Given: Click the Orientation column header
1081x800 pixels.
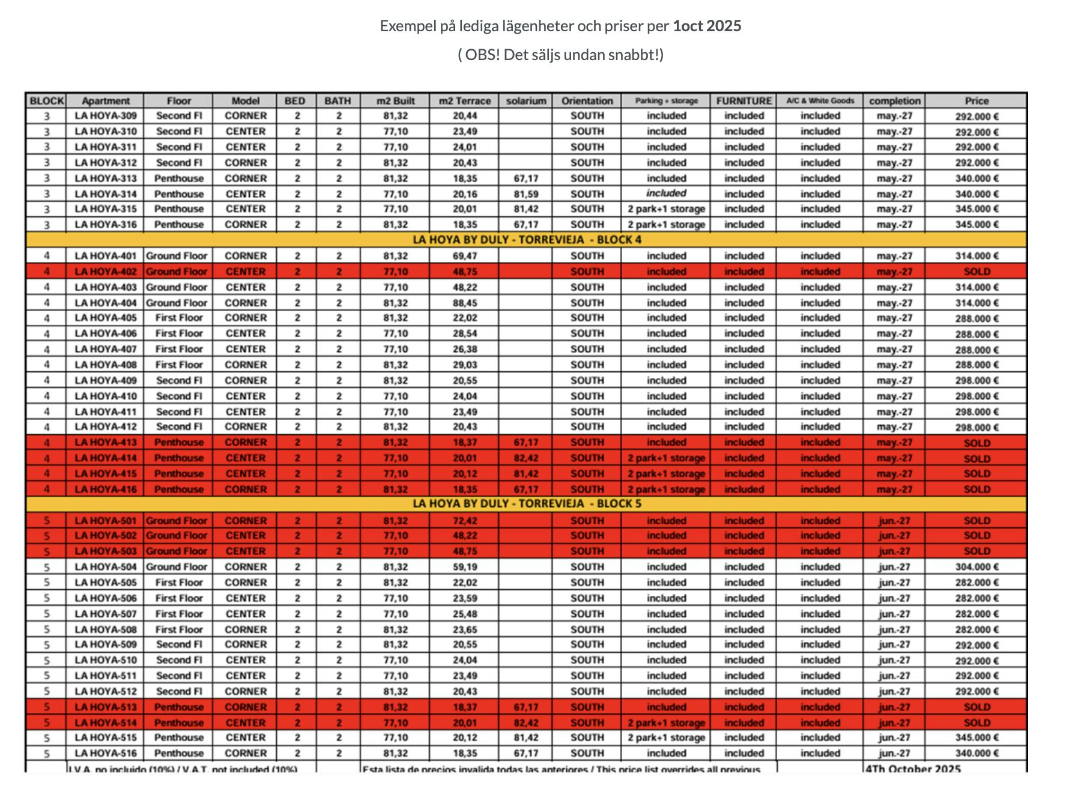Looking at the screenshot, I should pos(587,101).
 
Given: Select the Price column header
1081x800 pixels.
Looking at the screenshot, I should pos(977,101).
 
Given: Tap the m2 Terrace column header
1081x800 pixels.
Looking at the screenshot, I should pos(464,101).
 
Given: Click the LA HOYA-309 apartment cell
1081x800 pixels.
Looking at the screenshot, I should pos(106,116).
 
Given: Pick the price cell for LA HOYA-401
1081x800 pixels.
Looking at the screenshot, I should pos(977,256).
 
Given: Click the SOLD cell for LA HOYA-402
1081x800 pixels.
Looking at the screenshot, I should pos(977,271).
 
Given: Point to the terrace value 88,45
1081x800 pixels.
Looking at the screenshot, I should pos(464,303).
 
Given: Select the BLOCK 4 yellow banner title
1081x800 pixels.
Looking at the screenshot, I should pos(526,240).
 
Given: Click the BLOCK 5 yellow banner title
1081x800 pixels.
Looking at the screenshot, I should pos(526,504).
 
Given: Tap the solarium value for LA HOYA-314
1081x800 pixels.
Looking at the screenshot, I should pos(525,194).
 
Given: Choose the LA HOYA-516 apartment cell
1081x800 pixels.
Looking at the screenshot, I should pos(106,753).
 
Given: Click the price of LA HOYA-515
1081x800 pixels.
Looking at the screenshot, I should pos(977,738).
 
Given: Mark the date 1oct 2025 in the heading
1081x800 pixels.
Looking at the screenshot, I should pos(707,26).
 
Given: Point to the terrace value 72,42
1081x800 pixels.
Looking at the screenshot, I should pos(464,521).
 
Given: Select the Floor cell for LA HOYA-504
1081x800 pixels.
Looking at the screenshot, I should pos(178,567).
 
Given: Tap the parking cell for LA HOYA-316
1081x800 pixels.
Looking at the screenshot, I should pos(666,225).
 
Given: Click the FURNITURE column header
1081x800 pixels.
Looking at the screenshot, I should pos(743,101).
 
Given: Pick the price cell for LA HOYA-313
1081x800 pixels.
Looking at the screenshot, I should pos(977,178).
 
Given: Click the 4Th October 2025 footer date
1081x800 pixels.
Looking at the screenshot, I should pos(913,769).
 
